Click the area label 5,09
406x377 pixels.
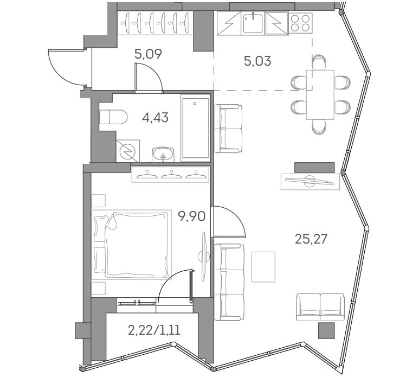tap(148, 54)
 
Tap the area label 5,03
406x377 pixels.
tap(257, 60)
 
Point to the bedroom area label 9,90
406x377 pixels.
tap(191, 217)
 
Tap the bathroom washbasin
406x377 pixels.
tap(163, 154)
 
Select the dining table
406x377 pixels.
tap(320, 94)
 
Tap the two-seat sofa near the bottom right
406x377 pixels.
tap(320, 307)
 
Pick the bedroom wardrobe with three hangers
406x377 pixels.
tap(171, 174)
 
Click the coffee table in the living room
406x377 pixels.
tap(263, 266)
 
